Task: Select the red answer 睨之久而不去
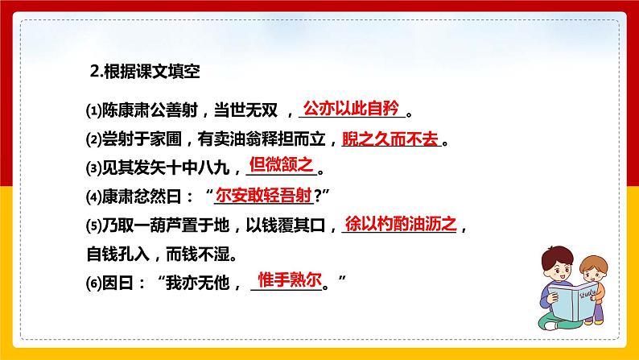(390, 139)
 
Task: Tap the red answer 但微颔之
(280, 164)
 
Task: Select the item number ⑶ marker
(93, 169)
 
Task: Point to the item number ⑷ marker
(93, 197)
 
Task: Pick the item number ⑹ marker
(93, 283)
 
